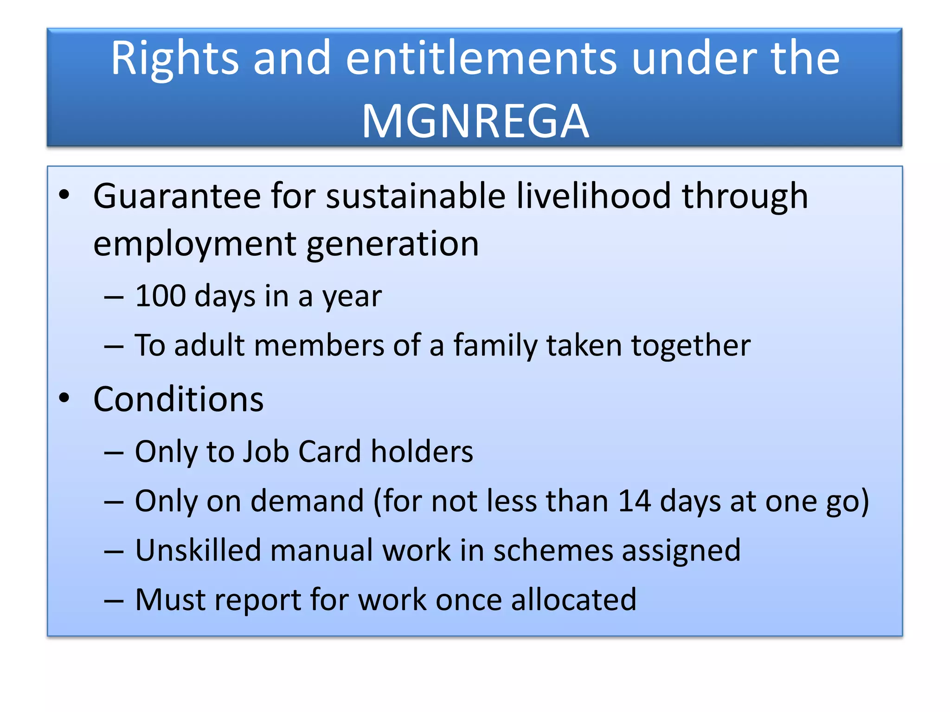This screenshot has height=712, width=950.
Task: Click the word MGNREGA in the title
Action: (x=475, y=121)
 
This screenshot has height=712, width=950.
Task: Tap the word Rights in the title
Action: (x=175, y=59)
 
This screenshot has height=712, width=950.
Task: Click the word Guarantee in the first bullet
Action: (x=177, y=197)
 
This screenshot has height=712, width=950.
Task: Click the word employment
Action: (x=194, y=245)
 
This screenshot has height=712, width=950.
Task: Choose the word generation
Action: (x=392, y=245)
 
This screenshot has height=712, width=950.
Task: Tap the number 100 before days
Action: (x=160, y=296)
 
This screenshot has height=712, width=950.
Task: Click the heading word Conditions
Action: (x=178, y=399)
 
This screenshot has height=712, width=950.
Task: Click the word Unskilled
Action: (x=198, y=550)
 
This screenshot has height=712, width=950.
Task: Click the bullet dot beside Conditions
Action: (x=64, y=398)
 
